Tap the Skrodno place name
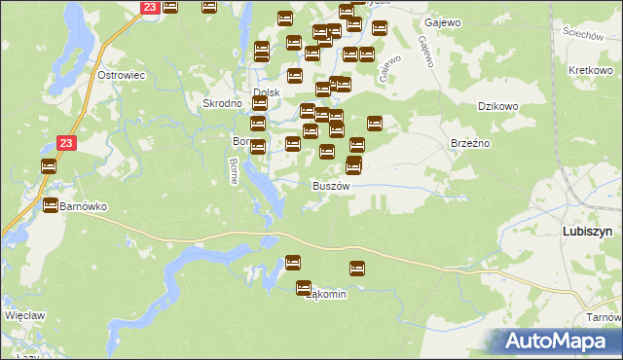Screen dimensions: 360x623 click(x=221, y=103)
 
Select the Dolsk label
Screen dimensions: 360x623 click(x=267, y=93)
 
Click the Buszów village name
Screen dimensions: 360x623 click(x=330, y=185)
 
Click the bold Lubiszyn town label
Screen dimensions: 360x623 click(x=587, y=232)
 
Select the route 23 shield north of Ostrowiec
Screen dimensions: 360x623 click(x=148, y=7)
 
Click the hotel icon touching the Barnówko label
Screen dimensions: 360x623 click(x=50, y=205)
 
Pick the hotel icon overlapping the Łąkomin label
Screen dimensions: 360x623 click(x=304, y=287)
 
